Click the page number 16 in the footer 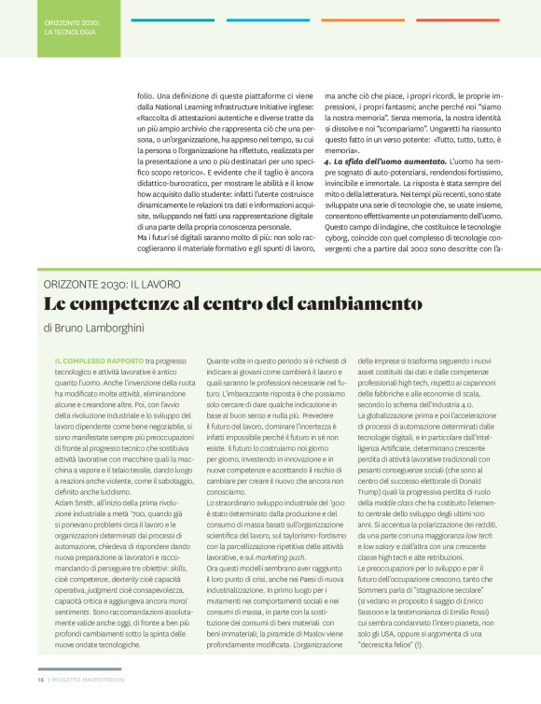tap(40, 679)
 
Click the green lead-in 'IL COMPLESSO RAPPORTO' tap(99, 360)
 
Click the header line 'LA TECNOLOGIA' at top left tap(70, 32)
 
